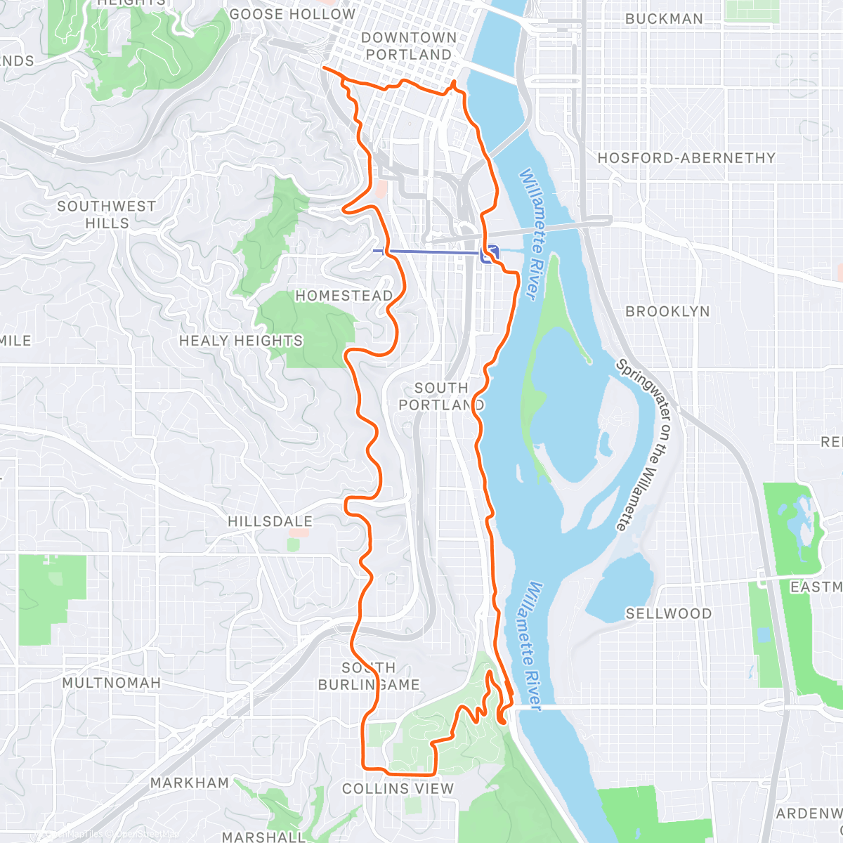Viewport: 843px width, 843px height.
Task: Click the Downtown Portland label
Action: [408, 46]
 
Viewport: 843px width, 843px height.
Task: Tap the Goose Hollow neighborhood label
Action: [292, 14]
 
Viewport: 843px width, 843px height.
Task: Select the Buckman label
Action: [664, 19]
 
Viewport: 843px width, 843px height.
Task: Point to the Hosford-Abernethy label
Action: [686, 158]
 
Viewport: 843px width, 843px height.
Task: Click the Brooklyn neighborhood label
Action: [667, 311]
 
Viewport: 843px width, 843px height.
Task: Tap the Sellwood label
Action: [668, 613]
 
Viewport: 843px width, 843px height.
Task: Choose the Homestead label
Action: [344, 296]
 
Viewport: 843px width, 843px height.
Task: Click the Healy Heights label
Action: [241, 341]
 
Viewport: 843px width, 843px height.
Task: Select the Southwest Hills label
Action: [107, 214]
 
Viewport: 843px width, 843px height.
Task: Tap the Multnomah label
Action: [111, 683]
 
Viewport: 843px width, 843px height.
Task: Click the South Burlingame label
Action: [369, 676]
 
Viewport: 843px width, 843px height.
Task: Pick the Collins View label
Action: [398, 789]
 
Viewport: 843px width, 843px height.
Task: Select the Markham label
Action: [189, 783]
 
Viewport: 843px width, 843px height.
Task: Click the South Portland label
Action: [441, 396]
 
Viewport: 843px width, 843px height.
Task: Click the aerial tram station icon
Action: [490, 254]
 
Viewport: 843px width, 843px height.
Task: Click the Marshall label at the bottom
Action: [263, 837]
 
